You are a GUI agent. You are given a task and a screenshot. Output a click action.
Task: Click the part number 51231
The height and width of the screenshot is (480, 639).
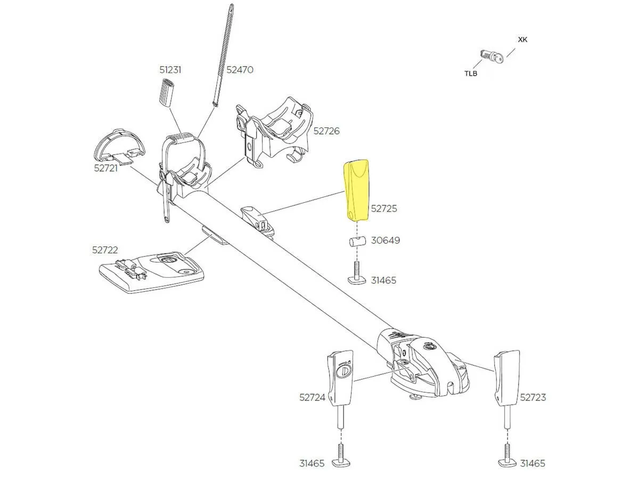[170, 70]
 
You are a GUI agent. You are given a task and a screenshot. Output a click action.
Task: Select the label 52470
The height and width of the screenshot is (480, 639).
[240, 70]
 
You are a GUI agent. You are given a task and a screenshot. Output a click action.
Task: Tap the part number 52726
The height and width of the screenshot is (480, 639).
[326, 131]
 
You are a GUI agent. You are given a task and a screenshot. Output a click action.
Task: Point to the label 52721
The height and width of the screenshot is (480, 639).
[105, 168]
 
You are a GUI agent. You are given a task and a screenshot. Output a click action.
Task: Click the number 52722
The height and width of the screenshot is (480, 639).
[105, 250]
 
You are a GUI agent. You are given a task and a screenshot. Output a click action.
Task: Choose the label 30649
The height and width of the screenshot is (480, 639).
[386, 241]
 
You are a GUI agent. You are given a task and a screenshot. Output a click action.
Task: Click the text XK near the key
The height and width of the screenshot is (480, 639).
[522, 39]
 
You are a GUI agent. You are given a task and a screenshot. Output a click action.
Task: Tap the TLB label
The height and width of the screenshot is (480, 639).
[471, 74]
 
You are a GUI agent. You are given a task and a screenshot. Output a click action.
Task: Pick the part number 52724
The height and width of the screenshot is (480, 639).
[312, 397]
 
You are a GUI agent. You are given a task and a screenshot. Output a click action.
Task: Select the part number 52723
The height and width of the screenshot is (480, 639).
[533, 397]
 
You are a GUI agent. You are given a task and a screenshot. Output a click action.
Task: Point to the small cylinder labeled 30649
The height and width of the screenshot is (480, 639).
[357, 242]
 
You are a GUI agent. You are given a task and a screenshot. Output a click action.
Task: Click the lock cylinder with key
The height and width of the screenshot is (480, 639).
[493, 57]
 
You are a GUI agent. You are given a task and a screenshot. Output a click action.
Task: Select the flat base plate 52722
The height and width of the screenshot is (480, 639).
[151, 273]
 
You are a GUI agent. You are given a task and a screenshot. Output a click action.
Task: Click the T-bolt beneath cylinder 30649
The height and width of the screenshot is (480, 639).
[357, 272]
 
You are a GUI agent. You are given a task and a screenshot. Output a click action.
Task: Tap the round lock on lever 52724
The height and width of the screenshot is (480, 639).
[344, 371]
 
